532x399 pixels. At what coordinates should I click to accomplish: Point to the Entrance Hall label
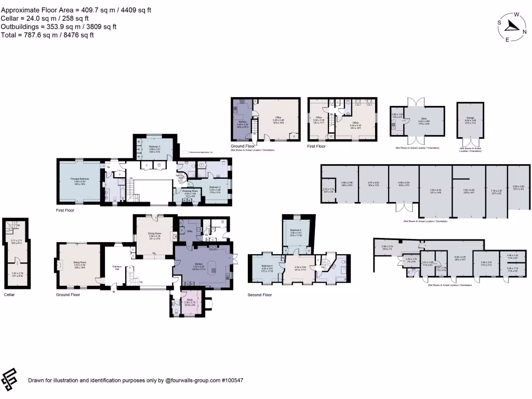[117, 268]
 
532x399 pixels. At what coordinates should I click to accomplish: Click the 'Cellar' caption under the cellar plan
[9, 295]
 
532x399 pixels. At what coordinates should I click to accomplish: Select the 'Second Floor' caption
[260, 295]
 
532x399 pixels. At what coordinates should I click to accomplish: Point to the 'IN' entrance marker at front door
[114, 292]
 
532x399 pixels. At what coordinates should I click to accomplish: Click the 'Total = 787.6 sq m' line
[48, 35]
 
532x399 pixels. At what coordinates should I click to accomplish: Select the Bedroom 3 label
[150, 147]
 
